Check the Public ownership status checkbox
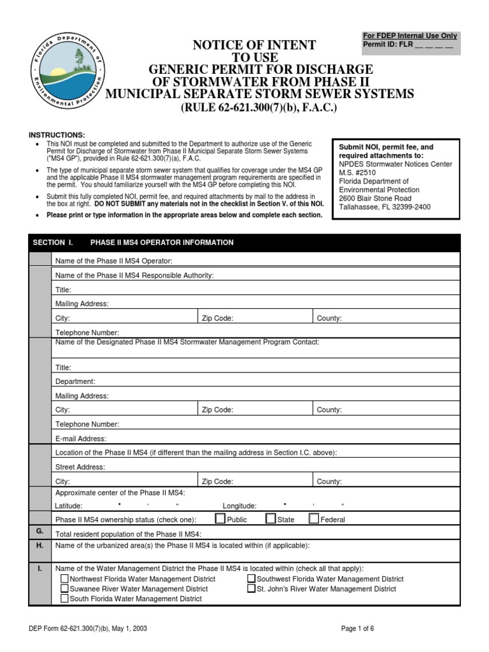point(220,518)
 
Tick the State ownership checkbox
point(271,518)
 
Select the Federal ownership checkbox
point(313,518)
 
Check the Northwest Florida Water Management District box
point(64,579)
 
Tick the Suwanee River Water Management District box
point(64,589)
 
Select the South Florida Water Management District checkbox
point(64,599)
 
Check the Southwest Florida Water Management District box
point(252,579)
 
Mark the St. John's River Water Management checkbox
point(252,589)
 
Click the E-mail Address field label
point(81,439)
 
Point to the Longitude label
point(239,506)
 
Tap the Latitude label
point(69,506)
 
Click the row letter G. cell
point(39,531)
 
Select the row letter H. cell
point(39,546)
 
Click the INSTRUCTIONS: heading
point(57,135)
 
